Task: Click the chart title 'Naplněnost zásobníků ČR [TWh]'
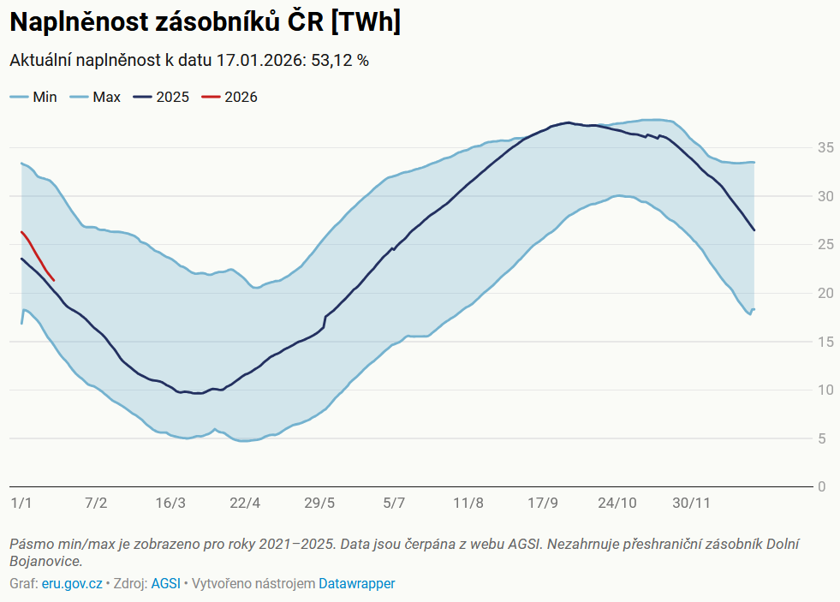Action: pyautogui.click(x=205, y=23)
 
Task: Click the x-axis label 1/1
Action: pyautogui.click(x=21, y=503)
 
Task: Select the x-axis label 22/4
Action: pyautogui.click(x=245, y=503)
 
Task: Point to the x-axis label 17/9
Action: pyautogui.click(x=543, y=503)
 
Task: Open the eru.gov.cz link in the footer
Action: pyautogui.click(x=72, y=584)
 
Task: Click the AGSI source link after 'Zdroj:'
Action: pyautogui.click(x=165, y=584)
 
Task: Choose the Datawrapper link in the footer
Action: pyautogui.click(x=357, y=584)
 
